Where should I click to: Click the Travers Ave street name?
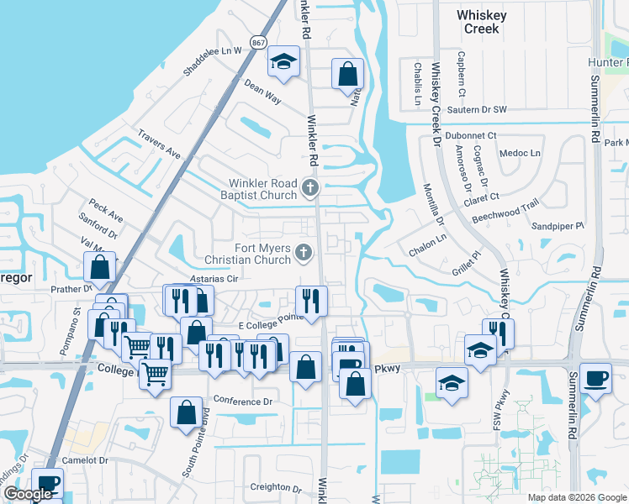159,144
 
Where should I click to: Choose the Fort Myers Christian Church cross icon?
303,252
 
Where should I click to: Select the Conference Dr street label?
243,402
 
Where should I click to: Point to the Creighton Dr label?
275,488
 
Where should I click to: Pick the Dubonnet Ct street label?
472,135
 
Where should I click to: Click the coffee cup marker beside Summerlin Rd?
595,377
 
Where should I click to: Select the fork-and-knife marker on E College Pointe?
311,300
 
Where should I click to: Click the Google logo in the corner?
28,494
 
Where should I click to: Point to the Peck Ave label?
106,212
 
